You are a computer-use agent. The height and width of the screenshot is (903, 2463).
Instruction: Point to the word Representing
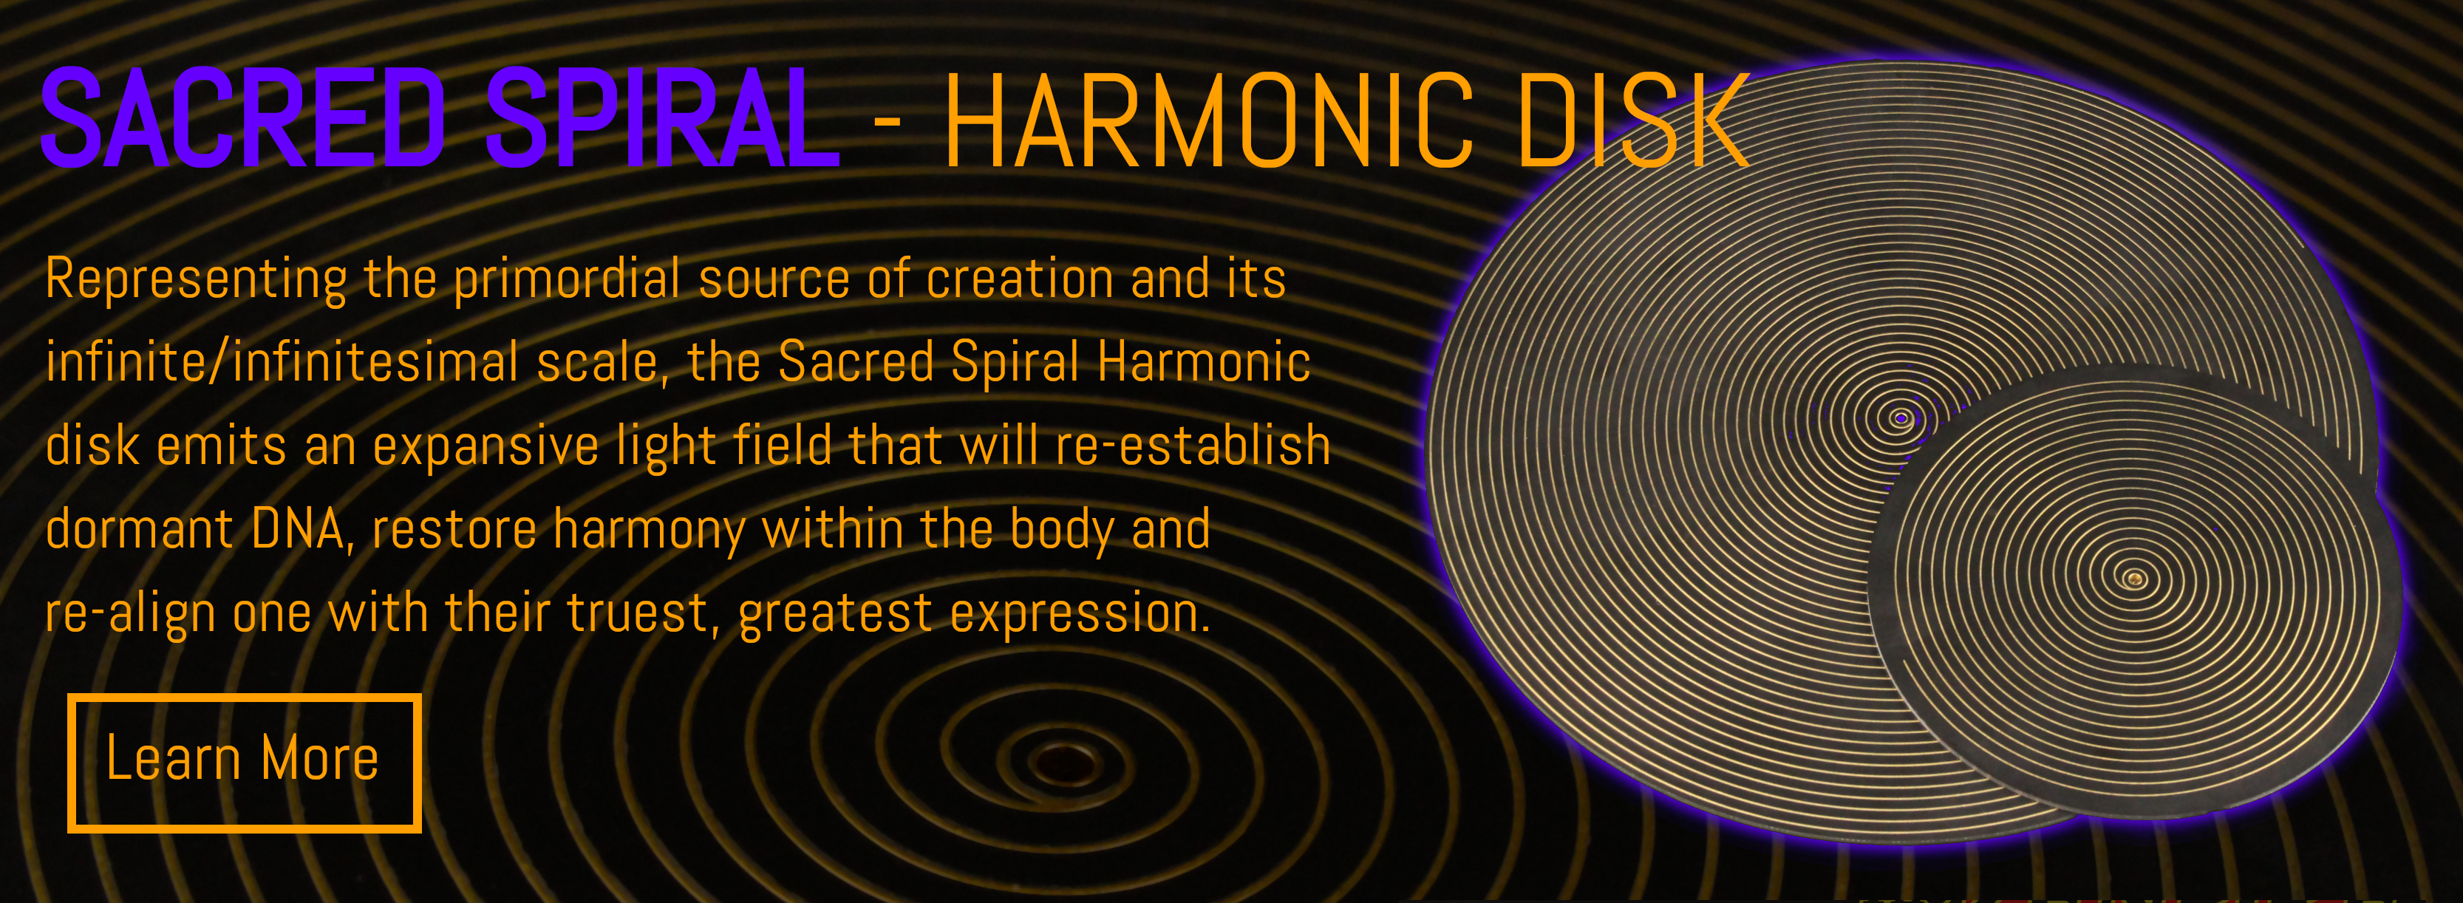(196, 280)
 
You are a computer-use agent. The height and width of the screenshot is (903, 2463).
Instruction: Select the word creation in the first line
(1021, 280)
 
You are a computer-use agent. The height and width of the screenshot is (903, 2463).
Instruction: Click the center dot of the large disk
(1901, 418)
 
